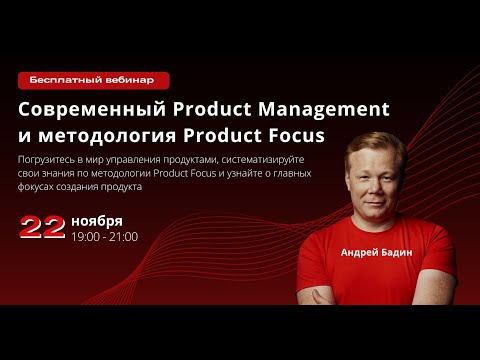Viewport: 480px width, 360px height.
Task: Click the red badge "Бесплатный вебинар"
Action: pos(93,79)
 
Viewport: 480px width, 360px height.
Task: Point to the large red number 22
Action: pos(42,227)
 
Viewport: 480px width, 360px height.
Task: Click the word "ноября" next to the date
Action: pos(97,220)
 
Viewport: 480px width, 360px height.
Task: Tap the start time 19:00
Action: pos(87,237)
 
